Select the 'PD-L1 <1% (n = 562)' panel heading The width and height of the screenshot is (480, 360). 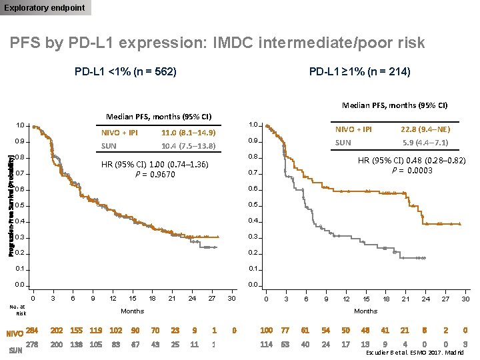(x=125, y=71)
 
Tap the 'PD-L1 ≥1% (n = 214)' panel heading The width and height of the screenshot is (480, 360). (x=359, y=71)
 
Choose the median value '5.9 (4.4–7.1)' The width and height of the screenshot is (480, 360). (x=425, y=143)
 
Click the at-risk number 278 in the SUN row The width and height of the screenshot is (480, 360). (x=32, y=345)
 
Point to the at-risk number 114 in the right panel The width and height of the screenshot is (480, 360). (x=266, y=345)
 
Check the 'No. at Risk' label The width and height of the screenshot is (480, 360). (x=17, y=309)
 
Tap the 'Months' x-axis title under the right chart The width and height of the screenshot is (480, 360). (x=365, y=311)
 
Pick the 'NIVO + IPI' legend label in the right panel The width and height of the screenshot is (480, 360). (x=353, y=129)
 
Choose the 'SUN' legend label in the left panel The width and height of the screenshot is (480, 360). (x=109, y=145)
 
